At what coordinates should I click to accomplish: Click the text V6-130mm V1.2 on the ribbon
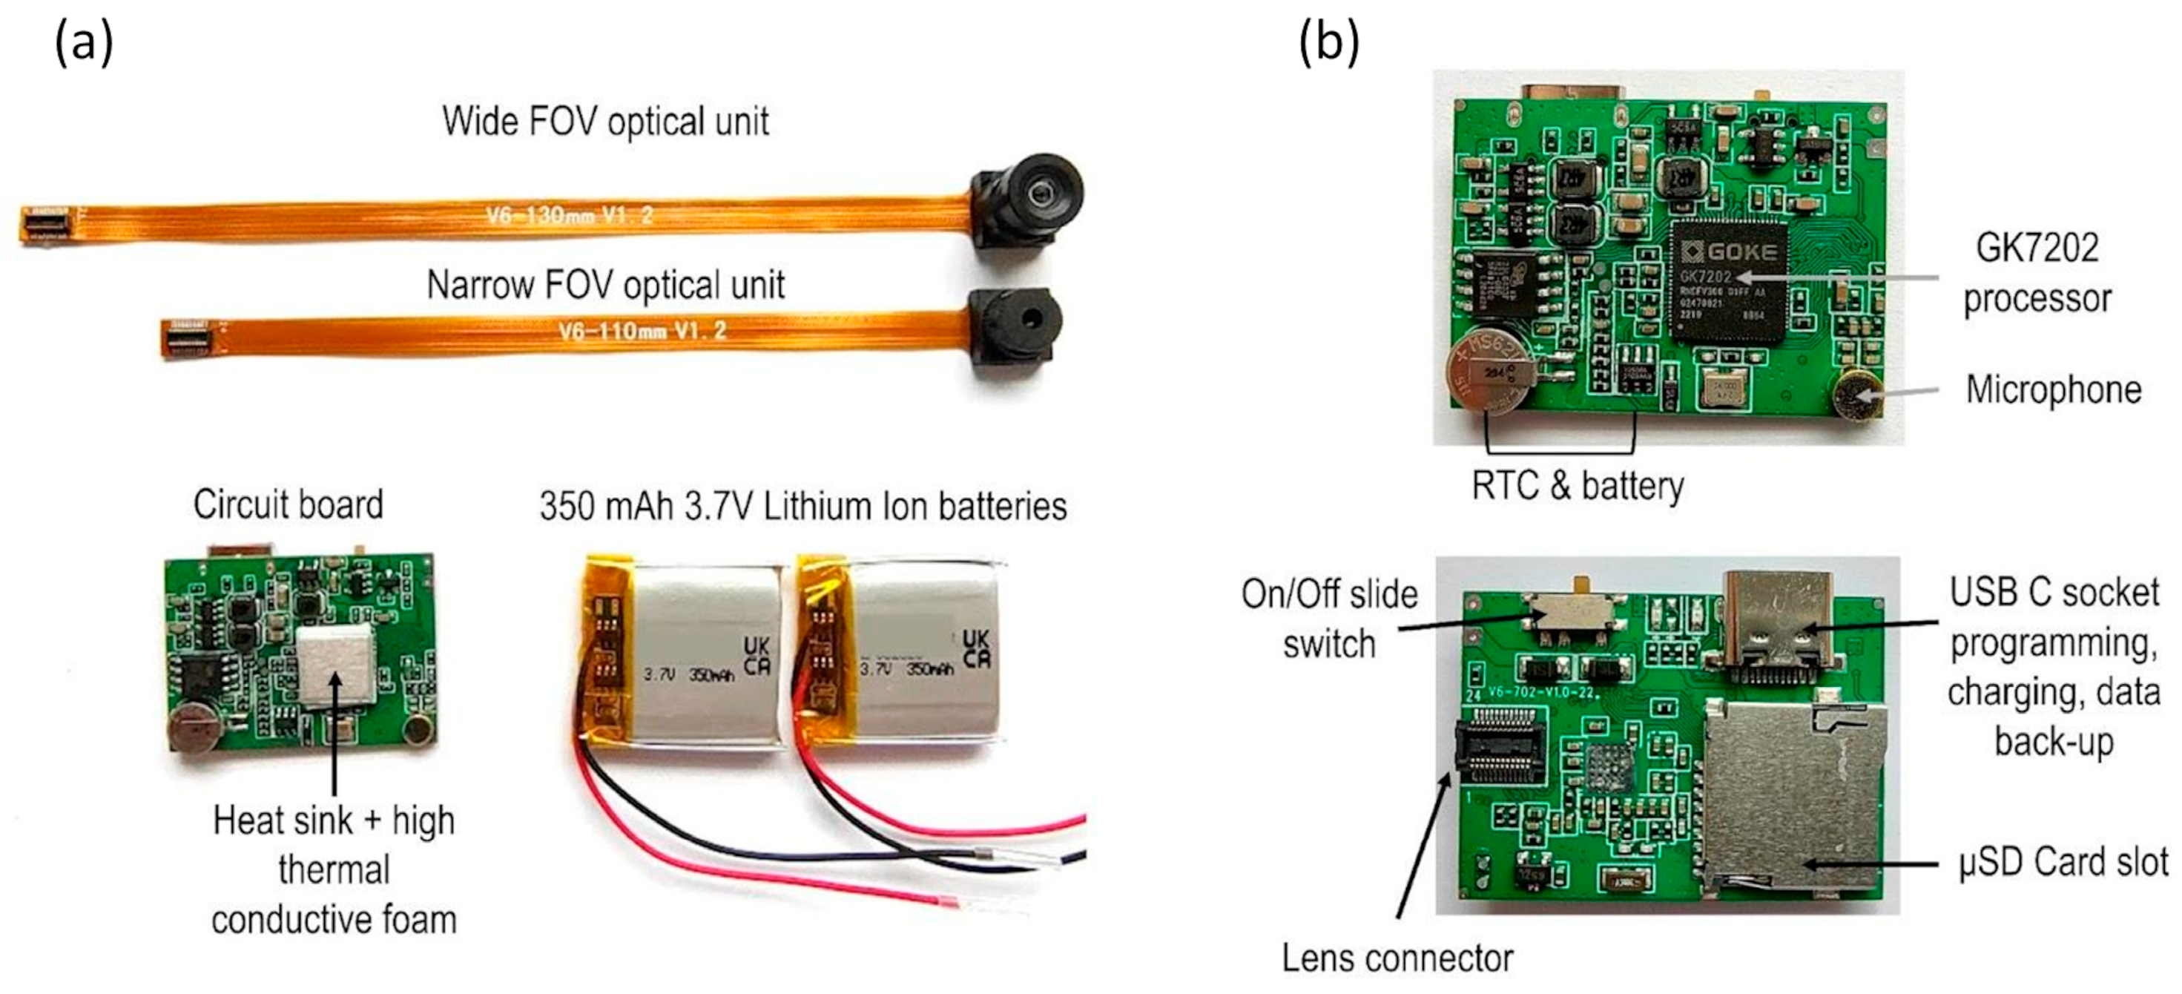coord(569,215)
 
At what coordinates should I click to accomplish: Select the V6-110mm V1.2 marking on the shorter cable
coord(642,331)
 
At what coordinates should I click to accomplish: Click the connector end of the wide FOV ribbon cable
coord(46,222)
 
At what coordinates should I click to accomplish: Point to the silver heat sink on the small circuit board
coord(335,666)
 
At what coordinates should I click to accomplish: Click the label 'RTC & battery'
coord(1578,487)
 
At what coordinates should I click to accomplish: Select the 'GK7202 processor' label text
coord(2037,273)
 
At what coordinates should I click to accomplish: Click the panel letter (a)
coord(83,42)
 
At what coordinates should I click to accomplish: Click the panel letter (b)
coord(1328,42)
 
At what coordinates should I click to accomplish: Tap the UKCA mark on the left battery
coord(756,654)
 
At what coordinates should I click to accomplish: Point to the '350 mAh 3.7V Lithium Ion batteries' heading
coord(803,507)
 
